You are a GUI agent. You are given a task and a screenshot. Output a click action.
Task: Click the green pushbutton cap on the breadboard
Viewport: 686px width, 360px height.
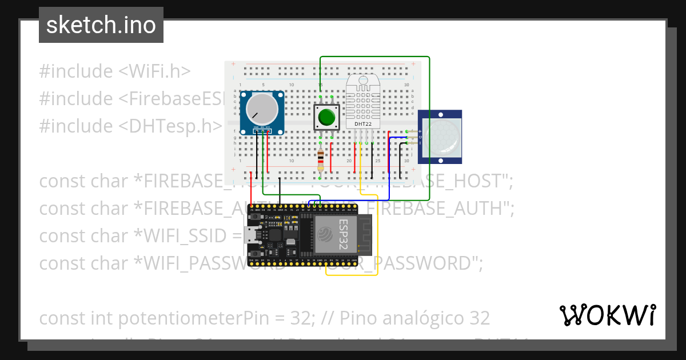326,117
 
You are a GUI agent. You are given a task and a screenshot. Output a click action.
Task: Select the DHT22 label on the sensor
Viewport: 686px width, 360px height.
364,124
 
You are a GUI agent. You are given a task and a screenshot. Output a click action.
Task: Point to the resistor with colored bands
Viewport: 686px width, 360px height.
320,159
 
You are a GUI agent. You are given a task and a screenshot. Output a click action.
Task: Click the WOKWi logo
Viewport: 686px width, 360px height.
607,315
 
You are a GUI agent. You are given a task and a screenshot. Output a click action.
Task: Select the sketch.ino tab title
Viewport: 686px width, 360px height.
101,25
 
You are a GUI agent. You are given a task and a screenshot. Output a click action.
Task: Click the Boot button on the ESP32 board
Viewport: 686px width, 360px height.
254,252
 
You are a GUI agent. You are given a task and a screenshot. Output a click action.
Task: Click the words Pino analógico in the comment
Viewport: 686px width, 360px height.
412,318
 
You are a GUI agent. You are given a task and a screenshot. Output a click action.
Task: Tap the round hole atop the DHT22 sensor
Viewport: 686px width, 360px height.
362,81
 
